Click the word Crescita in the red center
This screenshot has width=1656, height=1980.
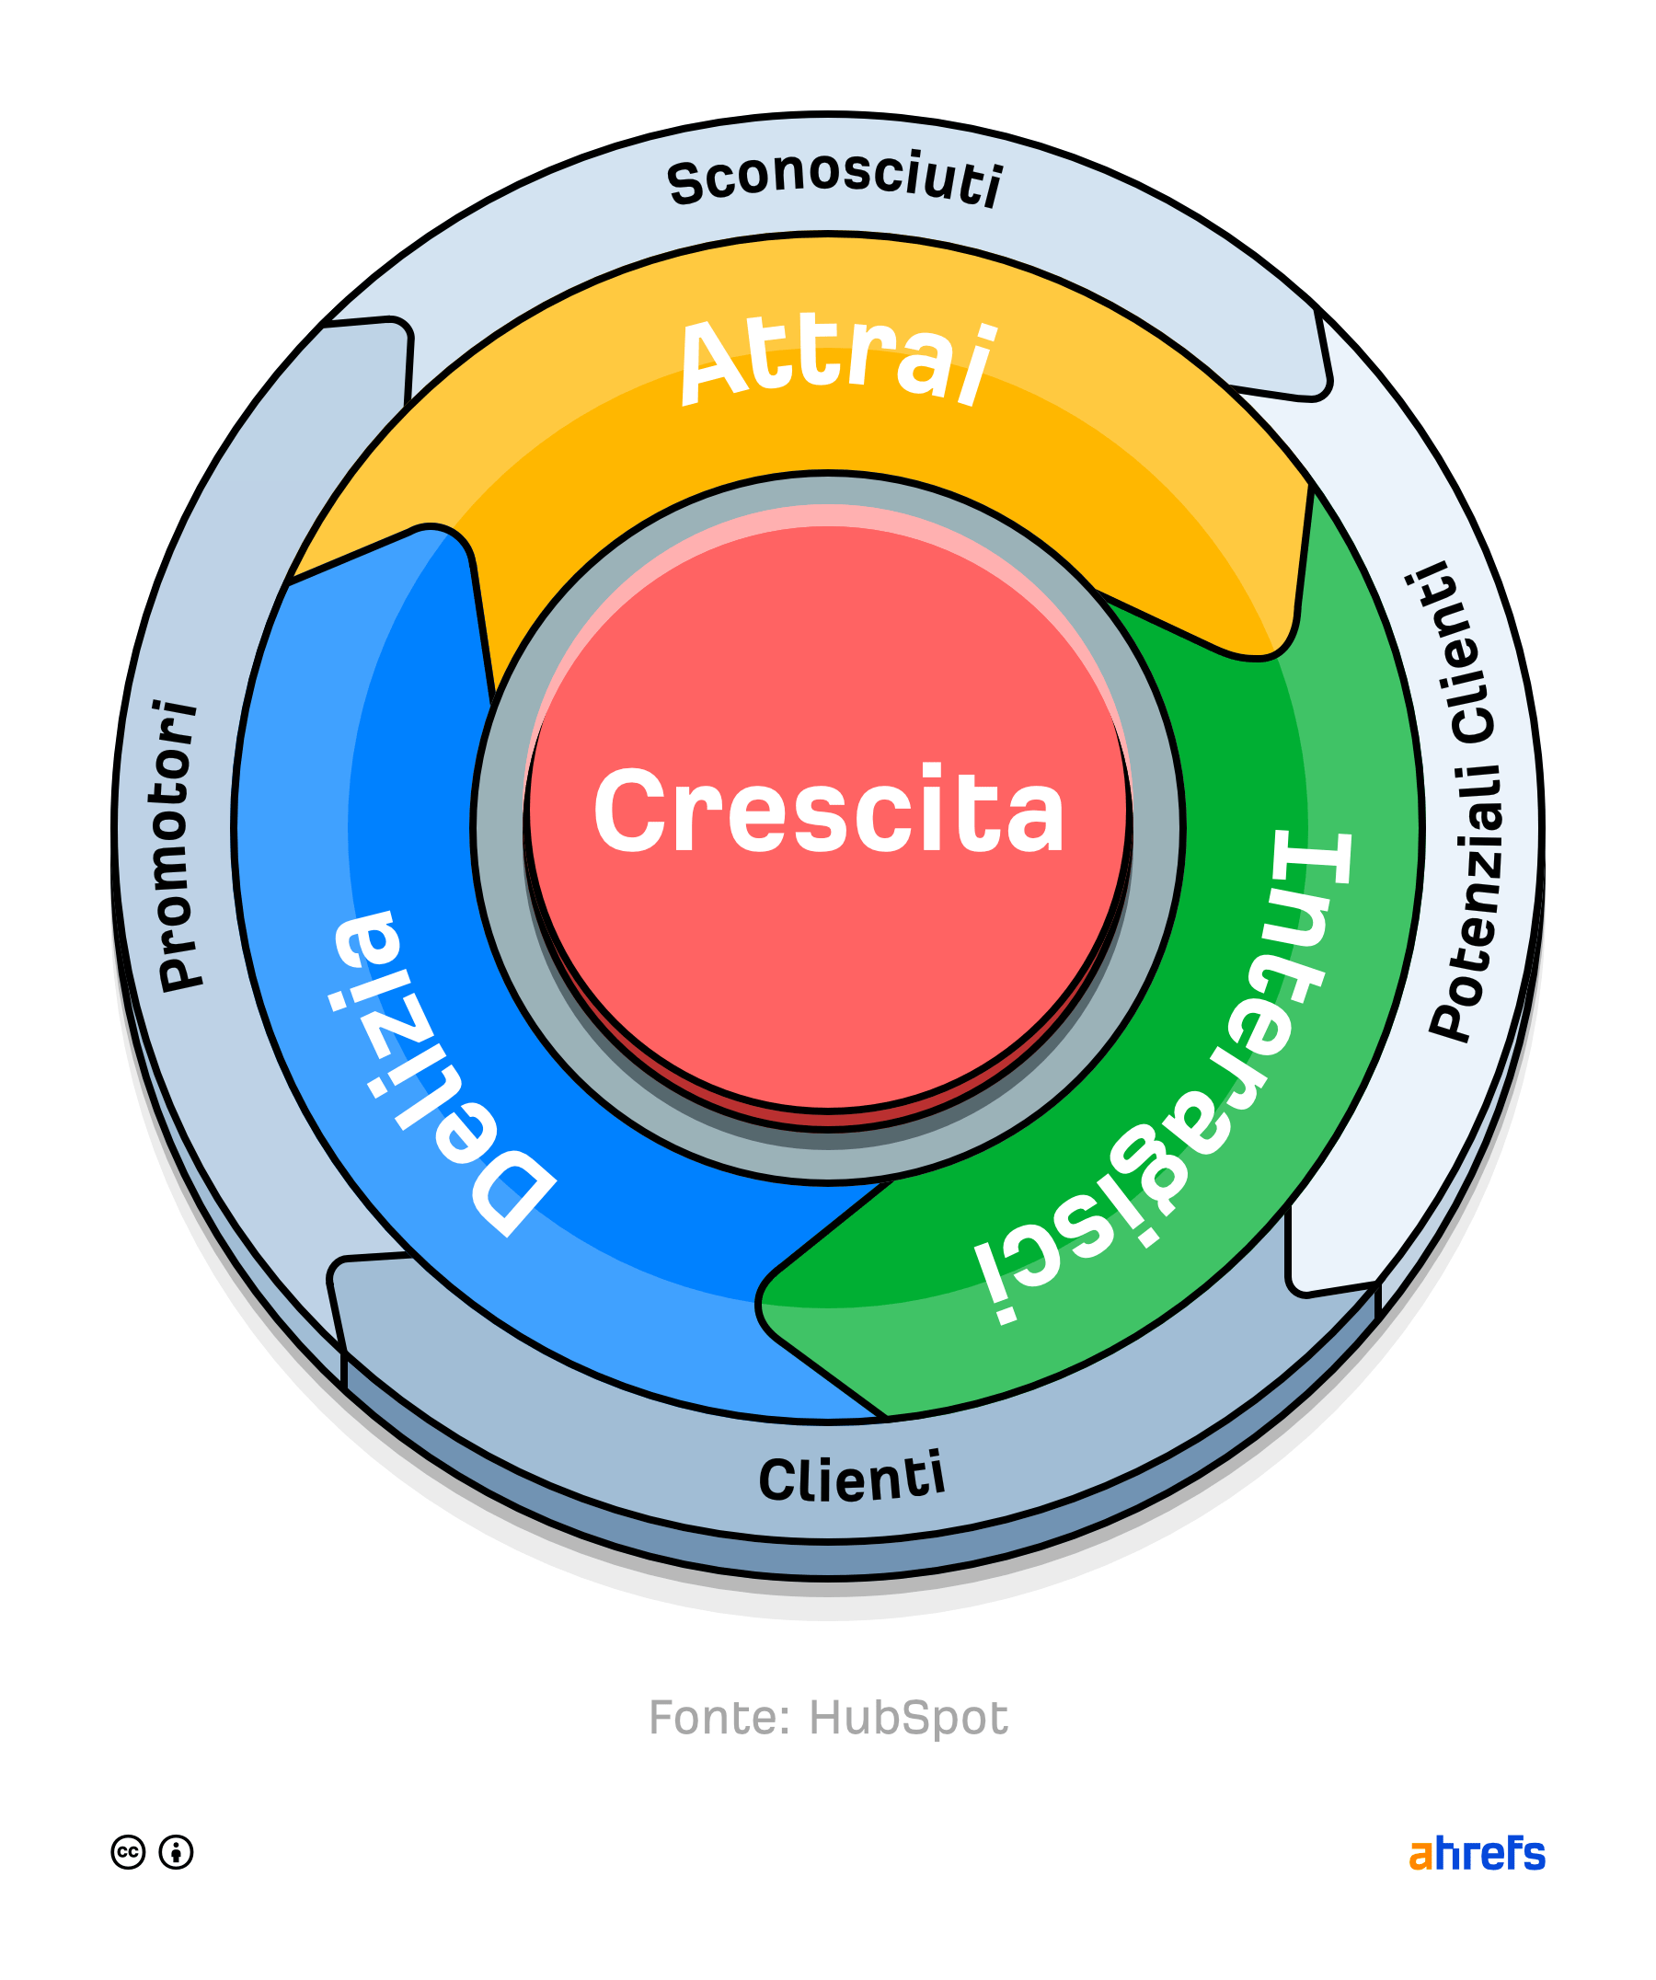pyautogui.click(x=829, y=811)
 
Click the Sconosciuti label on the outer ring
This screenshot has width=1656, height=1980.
pyautogui.click(x=835, y=178)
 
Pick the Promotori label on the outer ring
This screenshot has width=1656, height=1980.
pyautogui.click(x=178, y=845)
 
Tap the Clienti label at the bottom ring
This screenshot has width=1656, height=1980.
pyautogui.click(x=851, y=1478)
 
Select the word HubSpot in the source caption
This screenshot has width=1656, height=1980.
pyautogui.click(x=909, y=1718)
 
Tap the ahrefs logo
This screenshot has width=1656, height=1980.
pyautogui.click(x=1477, y=1854)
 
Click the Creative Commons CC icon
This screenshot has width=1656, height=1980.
pyautogui.click(x=128, y=1853)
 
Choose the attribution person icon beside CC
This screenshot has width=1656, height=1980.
pyautogui.click(x=177, y=1853)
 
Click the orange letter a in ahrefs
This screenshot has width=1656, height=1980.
pyautogui.click(x=1420, y=1856)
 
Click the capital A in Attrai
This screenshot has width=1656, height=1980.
pyautogui.click(x=717, y=363)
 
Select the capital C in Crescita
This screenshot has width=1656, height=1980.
pyautogui.click(x=629, y=811)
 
